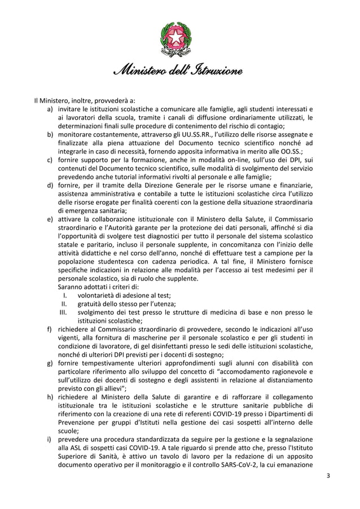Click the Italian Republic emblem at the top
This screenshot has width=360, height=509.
coord(179,39)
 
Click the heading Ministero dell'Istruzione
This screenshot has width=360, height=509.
coord(179,72)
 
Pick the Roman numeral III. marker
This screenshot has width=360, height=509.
coord(64,311)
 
